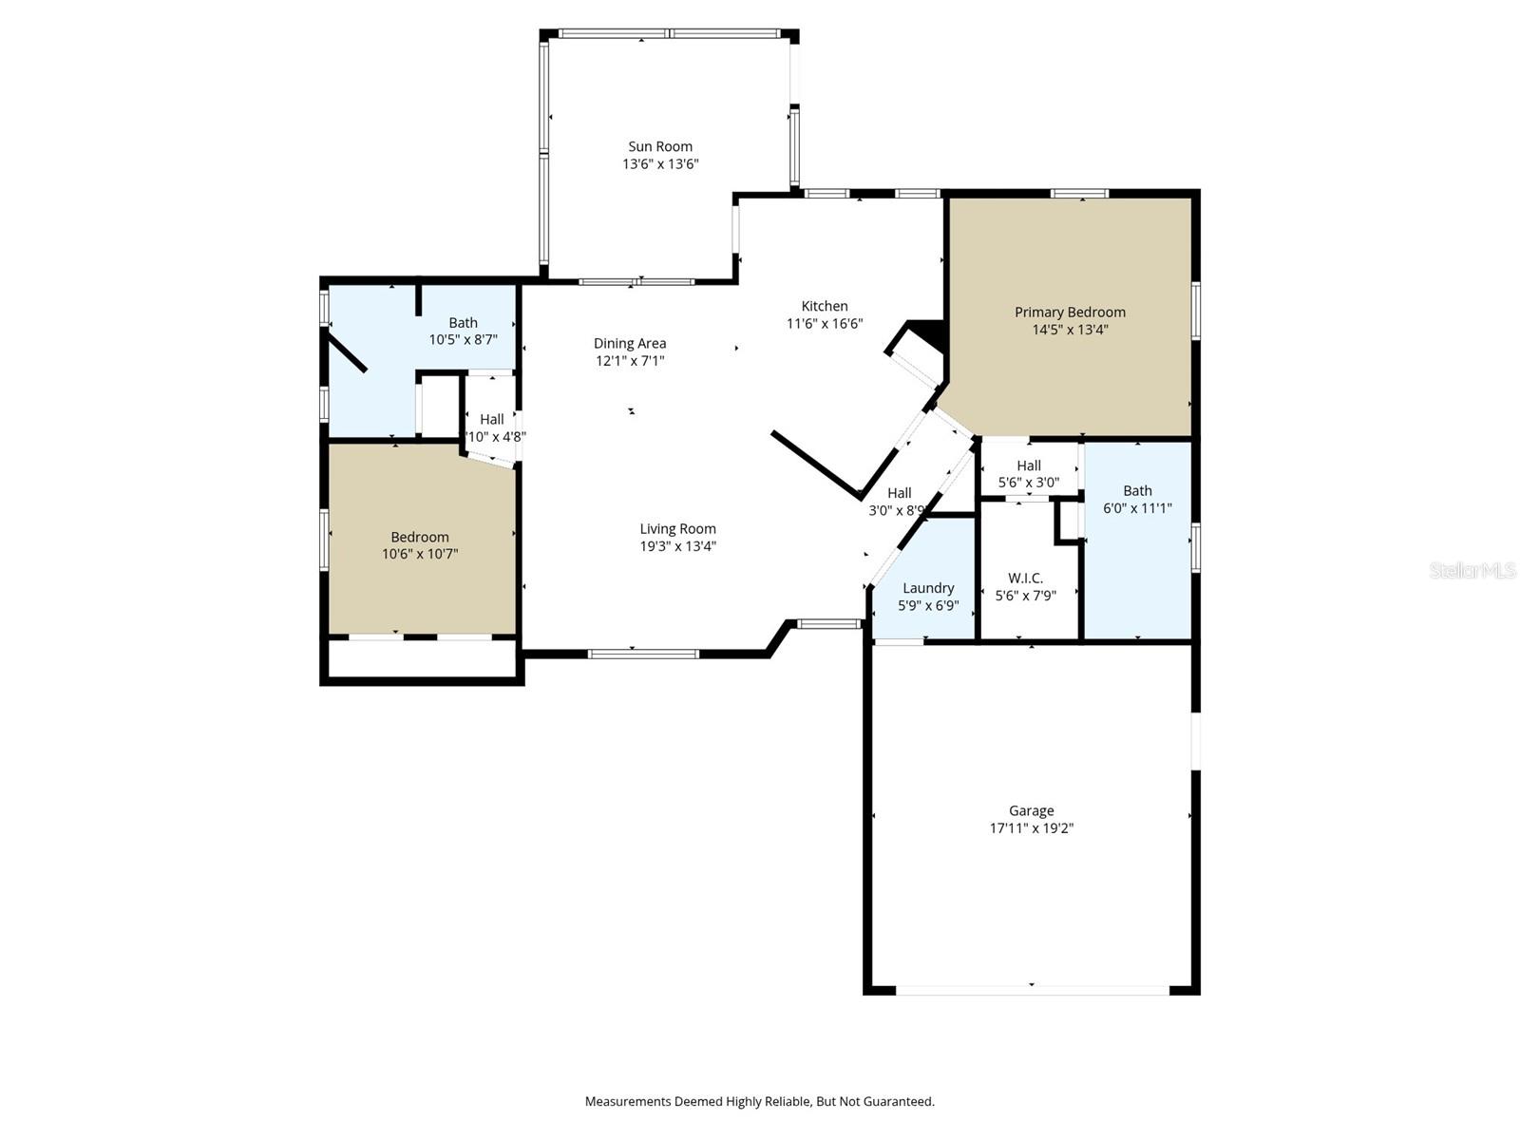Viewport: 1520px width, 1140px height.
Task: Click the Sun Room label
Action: coord(660,146)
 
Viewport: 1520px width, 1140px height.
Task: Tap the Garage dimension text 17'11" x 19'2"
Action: coord(1032,828)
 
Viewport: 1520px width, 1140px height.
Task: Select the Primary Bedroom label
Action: coord(1070,312)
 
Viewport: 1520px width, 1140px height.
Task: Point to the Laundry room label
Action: coord(928,588)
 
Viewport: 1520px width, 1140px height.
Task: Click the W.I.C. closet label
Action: coord(1025,578)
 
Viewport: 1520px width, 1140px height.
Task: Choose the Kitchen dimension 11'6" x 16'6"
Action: coord(825,323)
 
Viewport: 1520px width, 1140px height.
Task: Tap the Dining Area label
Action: coord(630,343)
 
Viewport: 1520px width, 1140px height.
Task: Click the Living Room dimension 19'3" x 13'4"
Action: coord(677,546)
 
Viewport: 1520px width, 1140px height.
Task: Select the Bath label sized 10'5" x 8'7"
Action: coord(464,323)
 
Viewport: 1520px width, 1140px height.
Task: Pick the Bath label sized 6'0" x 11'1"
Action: coord(1137,490)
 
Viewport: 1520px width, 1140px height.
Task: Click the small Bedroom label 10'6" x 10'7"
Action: coord(420,537)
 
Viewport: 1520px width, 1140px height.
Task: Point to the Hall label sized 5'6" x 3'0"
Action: coord(1029,465)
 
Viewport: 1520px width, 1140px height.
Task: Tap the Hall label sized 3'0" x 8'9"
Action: coord(899,493)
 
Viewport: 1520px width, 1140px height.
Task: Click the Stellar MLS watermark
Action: coord(1472,571)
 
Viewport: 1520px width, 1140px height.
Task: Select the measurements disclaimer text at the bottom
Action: coord(759,1102)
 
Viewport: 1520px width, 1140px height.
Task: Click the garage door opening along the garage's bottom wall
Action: coord(1032,991)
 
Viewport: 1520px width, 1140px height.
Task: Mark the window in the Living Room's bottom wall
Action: coord(643,654)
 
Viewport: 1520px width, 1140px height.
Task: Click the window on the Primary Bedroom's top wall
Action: coord(1079,194)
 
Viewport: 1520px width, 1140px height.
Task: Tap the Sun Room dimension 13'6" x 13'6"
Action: coord(660,164)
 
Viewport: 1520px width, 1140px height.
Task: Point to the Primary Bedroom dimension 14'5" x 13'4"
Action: coord(1070,330)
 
